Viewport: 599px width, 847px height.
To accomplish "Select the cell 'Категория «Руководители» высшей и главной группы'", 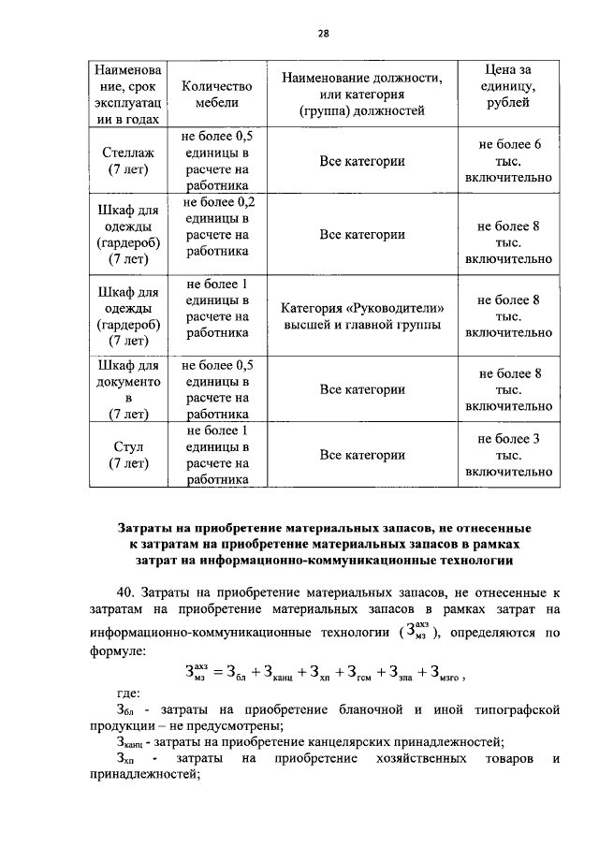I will [x=362, y=316].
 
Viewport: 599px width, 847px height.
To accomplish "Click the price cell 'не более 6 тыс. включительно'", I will [x=508, y=161].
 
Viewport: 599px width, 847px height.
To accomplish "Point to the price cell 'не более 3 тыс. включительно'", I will [x=508, y=455].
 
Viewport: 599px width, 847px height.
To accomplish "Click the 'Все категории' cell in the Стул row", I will [x=362, y=455].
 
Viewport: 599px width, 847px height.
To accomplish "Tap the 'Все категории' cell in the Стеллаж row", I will [x=362, y=161].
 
